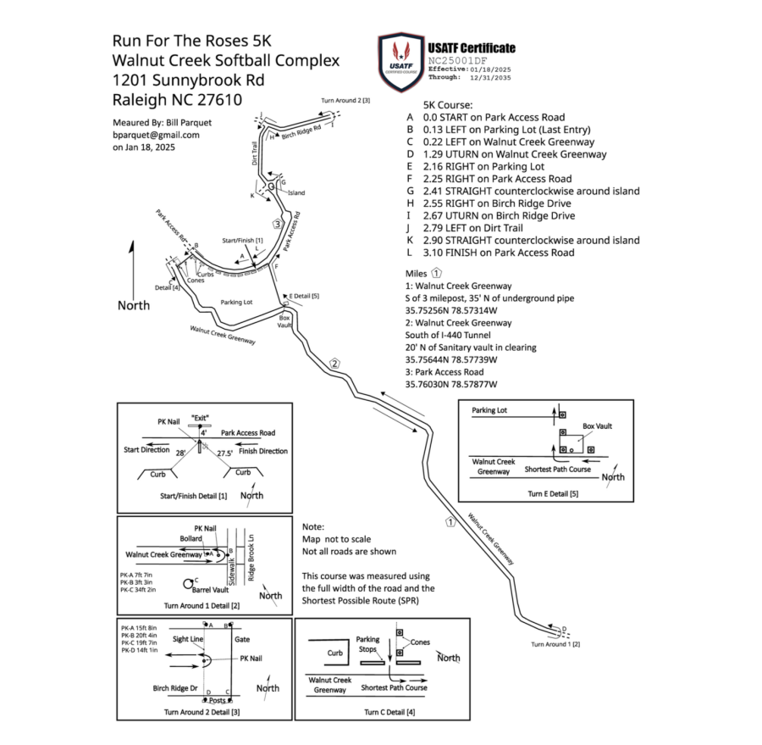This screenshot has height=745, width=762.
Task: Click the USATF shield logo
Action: [x=401, y=59]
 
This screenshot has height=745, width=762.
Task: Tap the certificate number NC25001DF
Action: [x=457, y=61]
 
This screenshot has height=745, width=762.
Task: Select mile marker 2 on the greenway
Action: [x=335, y=364]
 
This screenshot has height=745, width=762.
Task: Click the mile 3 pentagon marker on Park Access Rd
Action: [x=277, y=224]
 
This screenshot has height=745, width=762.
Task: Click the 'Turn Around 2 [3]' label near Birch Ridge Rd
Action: [x=345, y=101]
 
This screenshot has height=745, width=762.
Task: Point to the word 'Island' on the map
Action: [x=296, y=193]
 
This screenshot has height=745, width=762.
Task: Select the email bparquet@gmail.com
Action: [x=156, y=135]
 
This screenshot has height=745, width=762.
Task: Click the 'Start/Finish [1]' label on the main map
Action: [x=242, y=241]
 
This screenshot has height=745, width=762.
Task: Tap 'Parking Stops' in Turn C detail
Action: [x=367, y=644]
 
